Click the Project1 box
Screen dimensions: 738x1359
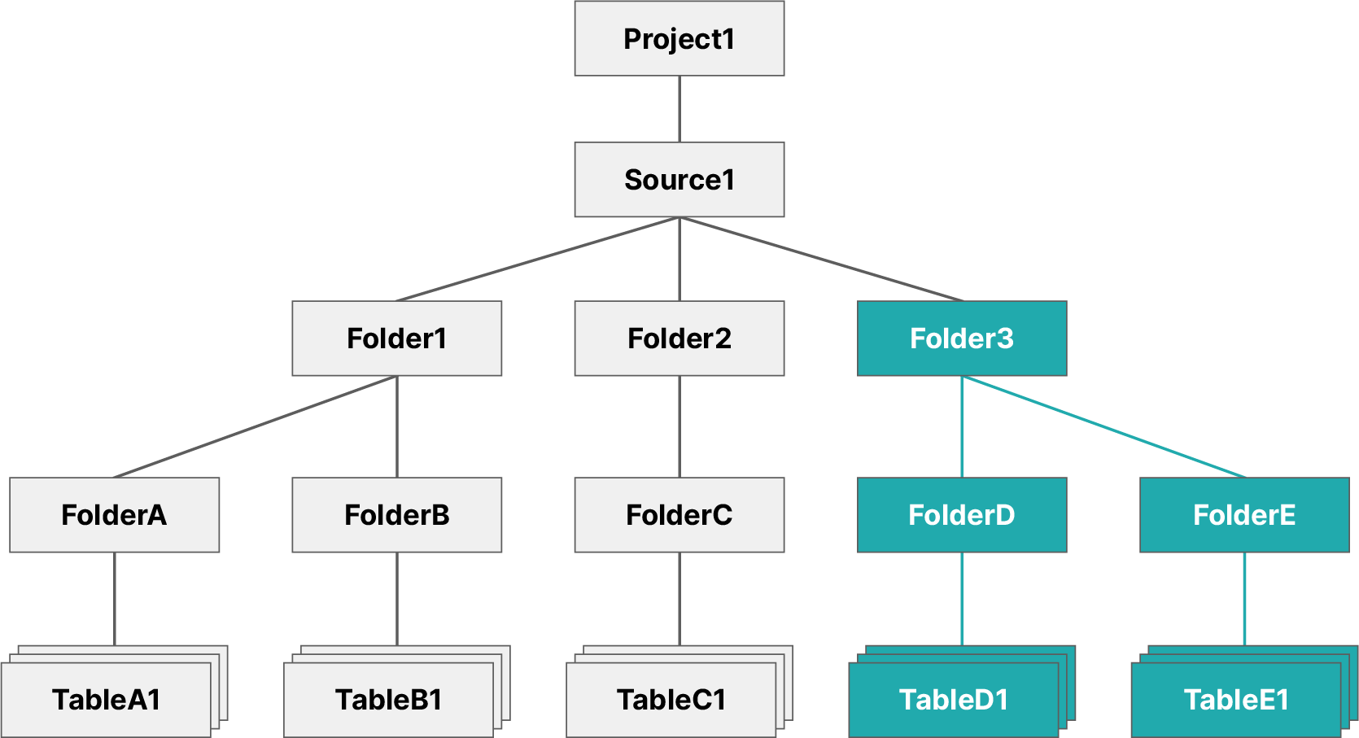679,38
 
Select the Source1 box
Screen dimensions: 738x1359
679,180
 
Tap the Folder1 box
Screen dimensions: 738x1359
396,338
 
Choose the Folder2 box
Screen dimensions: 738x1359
679,338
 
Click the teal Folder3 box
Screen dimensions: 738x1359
961,338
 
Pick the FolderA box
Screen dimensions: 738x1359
114,515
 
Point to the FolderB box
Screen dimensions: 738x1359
396,515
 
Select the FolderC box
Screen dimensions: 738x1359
679,515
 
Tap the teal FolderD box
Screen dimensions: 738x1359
961,515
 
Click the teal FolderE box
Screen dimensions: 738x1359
1243,515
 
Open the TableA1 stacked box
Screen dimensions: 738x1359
106,700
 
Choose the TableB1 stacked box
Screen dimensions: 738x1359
388,700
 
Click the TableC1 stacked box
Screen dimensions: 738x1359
671,700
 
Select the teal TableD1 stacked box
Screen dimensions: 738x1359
953,700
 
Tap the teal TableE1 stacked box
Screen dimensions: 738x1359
1235,700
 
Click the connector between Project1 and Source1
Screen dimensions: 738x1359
679,109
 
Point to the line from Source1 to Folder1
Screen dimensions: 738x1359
538,259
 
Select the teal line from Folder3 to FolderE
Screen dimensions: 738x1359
1103,426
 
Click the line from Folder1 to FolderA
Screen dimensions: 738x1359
255,426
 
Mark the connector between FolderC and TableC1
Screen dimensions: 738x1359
679,599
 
